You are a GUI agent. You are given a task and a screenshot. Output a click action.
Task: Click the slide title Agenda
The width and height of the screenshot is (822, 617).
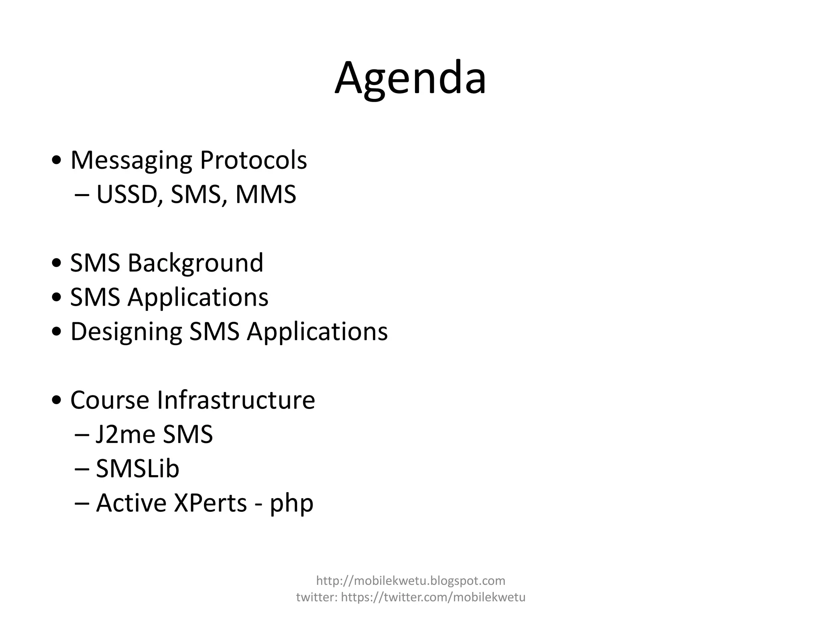(x=410, y=78)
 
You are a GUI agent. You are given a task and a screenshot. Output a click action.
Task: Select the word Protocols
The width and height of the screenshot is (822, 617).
(x=253, y=160)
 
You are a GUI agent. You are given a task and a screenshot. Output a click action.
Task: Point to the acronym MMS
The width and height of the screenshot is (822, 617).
(x=266, y=194)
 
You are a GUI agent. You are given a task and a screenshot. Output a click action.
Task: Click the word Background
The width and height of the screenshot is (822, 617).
(x=195, y=264)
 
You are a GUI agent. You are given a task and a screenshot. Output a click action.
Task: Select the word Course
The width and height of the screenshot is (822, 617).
(x=110, y=400)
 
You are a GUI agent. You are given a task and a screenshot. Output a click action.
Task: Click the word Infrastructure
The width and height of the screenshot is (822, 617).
(x=236, y=400)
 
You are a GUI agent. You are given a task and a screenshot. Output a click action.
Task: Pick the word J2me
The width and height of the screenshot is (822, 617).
(x=120, y=435)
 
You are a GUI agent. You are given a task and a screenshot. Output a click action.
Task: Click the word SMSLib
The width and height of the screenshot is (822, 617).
(x=137, y=469)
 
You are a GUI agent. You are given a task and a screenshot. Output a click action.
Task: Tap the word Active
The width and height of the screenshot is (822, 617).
(x=131, y=503)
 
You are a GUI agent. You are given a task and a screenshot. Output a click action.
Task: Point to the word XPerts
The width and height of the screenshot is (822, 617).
(x=210, y=503)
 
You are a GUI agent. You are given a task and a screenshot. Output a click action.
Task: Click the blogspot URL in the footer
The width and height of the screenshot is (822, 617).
(x=411, y=580)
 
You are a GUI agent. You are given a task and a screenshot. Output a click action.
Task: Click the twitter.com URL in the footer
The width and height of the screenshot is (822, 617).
(x=433, y=597)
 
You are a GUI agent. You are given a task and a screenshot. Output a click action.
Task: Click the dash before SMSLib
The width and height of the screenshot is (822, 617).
(x=82, y=469)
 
